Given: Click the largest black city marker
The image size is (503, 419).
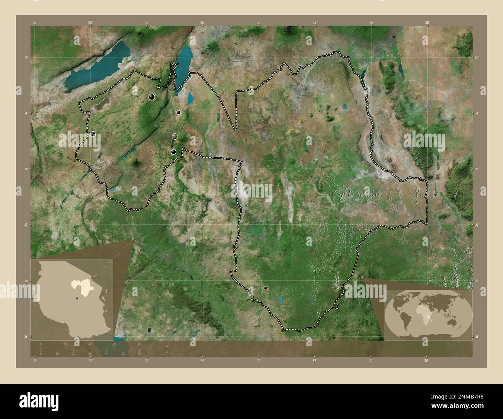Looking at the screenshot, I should pos(152,97).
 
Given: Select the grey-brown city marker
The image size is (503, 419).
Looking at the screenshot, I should pos(175,136).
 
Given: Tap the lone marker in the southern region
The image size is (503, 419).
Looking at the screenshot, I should pos(265,288).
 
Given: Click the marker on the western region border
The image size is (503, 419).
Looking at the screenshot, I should pos(93,134).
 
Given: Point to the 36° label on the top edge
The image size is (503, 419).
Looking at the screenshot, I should pos(202,23).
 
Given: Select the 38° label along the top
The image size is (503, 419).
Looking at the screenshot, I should pos(427,23).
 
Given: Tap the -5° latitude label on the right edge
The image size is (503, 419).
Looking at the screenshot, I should pos(477,225).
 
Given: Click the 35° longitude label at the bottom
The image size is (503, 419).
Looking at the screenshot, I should pos(90,361).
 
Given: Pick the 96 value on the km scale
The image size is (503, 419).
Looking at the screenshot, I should pos(139,344).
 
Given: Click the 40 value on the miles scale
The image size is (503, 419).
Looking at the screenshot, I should pos(106,354).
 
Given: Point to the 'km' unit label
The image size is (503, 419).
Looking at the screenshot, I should pos(167,346).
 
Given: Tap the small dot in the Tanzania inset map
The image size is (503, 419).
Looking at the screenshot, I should pos(77,298).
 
